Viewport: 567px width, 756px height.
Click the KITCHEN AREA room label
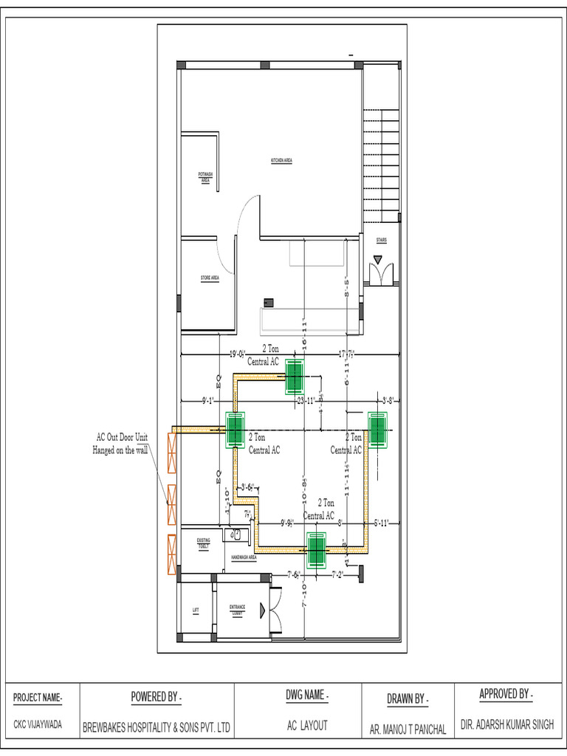click(282, 160)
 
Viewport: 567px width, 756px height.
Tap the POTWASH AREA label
click(205, 176)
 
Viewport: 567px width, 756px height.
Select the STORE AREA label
click(210, 278)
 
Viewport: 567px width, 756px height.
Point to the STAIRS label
click(381, 240)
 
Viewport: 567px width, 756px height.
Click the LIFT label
click(196, 610)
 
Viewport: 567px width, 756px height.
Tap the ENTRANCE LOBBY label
click(237, 610)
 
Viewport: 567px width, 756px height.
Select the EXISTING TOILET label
click(204, 543)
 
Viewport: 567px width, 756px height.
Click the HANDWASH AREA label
click(244, 557)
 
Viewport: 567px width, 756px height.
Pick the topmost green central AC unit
click(295, 377)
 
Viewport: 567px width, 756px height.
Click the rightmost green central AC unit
click(378, 430)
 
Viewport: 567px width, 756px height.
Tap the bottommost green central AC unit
click(317, 550)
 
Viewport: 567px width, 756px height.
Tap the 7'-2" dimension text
click(338, 574)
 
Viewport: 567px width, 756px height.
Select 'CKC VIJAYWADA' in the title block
click(38, 725)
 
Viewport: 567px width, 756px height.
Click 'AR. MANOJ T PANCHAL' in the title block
click(408, 729)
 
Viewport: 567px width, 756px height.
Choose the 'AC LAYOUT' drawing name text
click(307, 726)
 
